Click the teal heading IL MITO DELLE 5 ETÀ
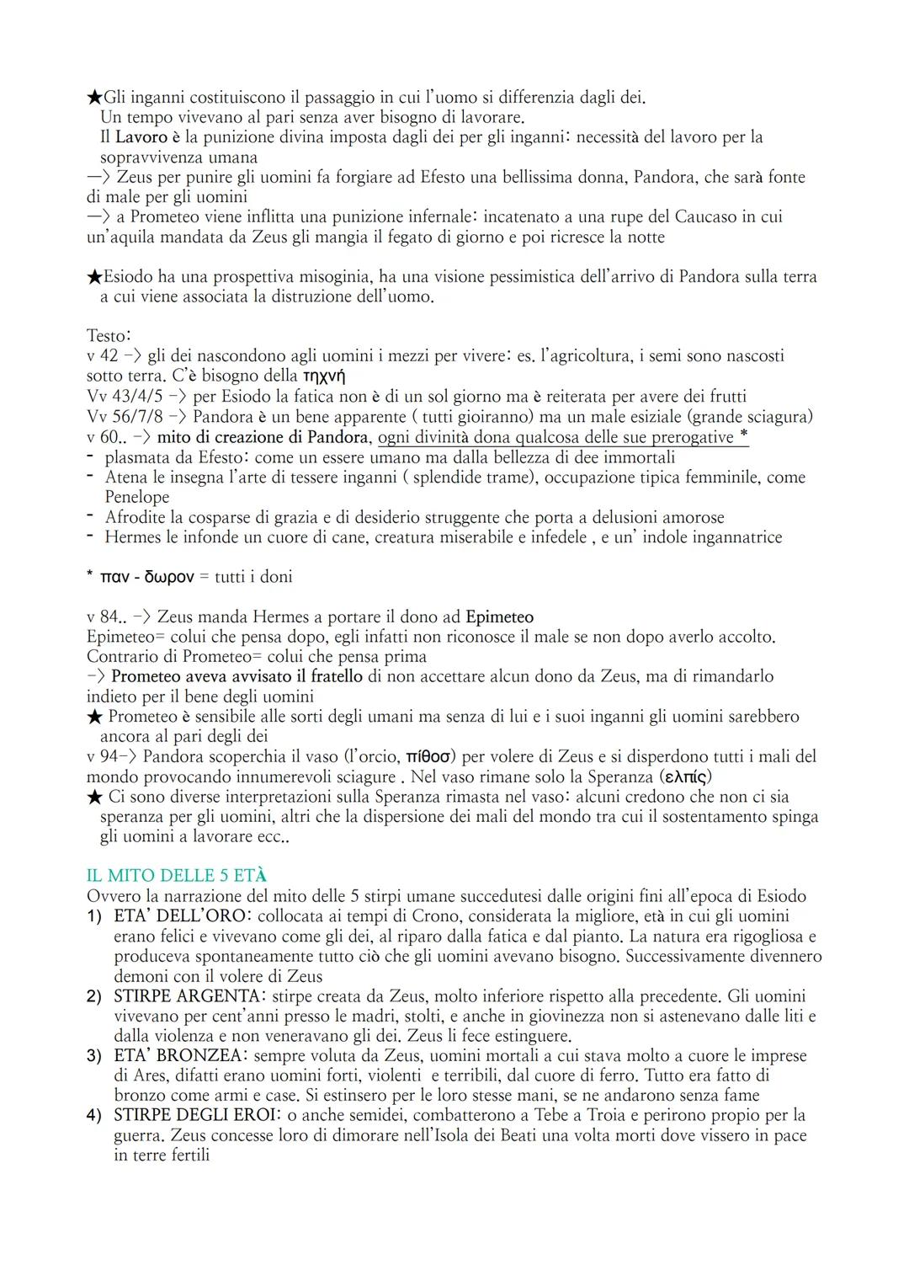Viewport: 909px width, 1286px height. [177, 876]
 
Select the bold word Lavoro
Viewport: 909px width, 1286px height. [141, 136]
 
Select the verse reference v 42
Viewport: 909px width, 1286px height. [103, 355]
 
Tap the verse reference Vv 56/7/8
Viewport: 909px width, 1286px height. [125, 416]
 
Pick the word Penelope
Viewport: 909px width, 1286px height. [137, 497]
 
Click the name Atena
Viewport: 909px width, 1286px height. [126, 477]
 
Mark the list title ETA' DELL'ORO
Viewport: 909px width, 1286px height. [180, 915]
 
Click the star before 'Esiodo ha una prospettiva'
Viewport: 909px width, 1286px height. [94, 277]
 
